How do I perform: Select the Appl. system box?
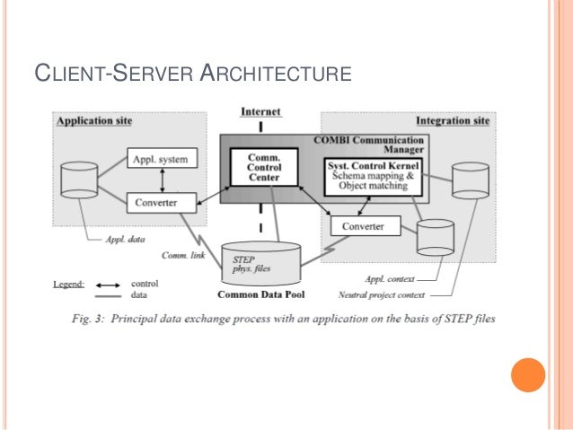pos(160,160)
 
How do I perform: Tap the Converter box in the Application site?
pos(160,202)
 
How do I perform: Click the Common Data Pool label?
pos(260,294)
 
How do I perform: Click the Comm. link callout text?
pos(186,256)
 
